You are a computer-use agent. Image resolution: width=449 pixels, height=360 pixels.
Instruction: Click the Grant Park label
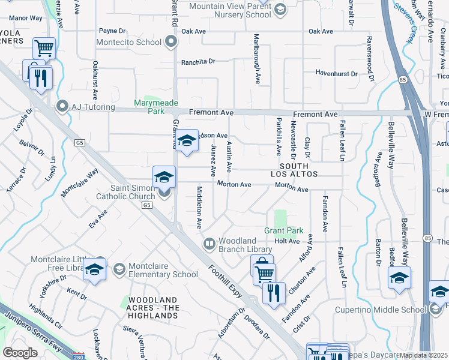[x=284, y=230]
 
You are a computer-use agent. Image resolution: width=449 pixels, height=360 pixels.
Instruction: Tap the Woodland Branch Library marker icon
[x=209, y=244]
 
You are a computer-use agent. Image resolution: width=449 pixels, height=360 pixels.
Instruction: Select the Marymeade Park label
[x=148, y=107]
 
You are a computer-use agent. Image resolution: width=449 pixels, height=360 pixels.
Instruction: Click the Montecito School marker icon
[x=172, y=42]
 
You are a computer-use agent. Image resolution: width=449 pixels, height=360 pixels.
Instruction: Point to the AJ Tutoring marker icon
[x=62, y=107]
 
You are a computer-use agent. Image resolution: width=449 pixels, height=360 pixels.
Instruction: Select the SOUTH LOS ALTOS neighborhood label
[x=294, y=170]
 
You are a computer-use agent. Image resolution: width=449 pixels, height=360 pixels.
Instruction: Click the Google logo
[x=20, y=353]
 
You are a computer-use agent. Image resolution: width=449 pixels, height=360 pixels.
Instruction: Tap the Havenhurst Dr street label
[x=337, y=74]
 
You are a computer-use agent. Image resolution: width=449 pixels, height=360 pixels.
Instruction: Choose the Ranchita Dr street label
[x=198, y=62]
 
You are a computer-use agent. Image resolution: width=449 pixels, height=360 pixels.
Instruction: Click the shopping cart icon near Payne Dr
[x=44, y=47]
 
